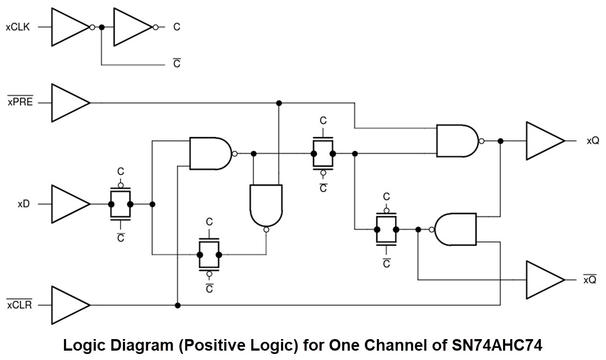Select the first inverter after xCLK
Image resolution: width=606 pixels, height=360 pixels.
coord(68,27)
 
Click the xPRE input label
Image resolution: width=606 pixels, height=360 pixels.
coord(20,102)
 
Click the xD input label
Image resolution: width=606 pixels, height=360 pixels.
coord(23,204)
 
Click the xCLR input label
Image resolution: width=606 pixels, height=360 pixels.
coord(20,304)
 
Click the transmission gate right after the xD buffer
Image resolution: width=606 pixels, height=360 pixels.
coord(121,204)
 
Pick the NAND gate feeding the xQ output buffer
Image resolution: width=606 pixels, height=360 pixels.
coord(456,141)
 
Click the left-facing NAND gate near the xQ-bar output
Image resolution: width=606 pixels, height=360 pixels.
coord(457,230)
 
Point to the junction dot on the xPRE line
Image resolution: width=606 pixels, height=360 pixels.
coord(279,103)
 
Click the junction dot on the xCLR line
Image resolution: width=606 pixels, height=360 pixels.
coord(177,304)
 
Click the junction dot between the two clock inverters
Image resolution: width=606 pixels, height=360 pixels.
coord(101,27)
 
